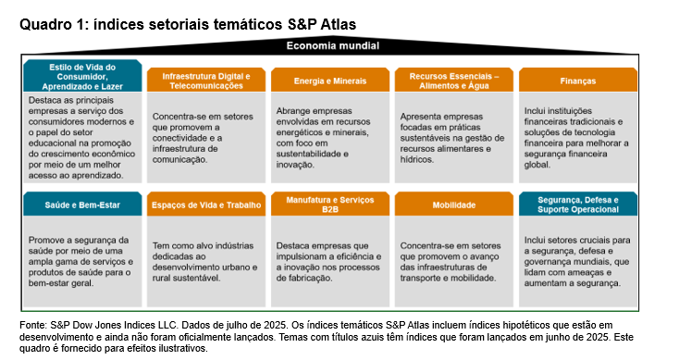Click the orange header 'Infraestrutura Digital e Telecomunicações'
(x=206, y=80)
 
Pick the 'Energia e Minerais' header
(x=330, y=81)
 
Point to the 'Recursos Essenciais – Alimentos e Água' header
(x=454, y=80)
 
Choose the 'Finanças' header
(x=577, y=81)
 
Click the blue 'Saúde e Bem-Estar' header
(x=83, y=204)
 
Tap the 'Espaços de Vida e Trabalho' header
(x=206, y=204)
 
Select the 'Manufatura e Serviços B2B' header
(x=330, y=204)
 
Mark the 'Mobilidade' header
(x=454, y=204)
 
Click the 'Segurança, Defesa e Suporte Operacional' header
(x=577, y=204)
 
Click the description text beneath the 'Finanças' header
(x=574, y=137)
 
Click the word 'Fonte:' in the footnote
(x=33, y=326)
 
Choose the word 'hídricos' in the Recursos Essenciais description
(x=418, y=158)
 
